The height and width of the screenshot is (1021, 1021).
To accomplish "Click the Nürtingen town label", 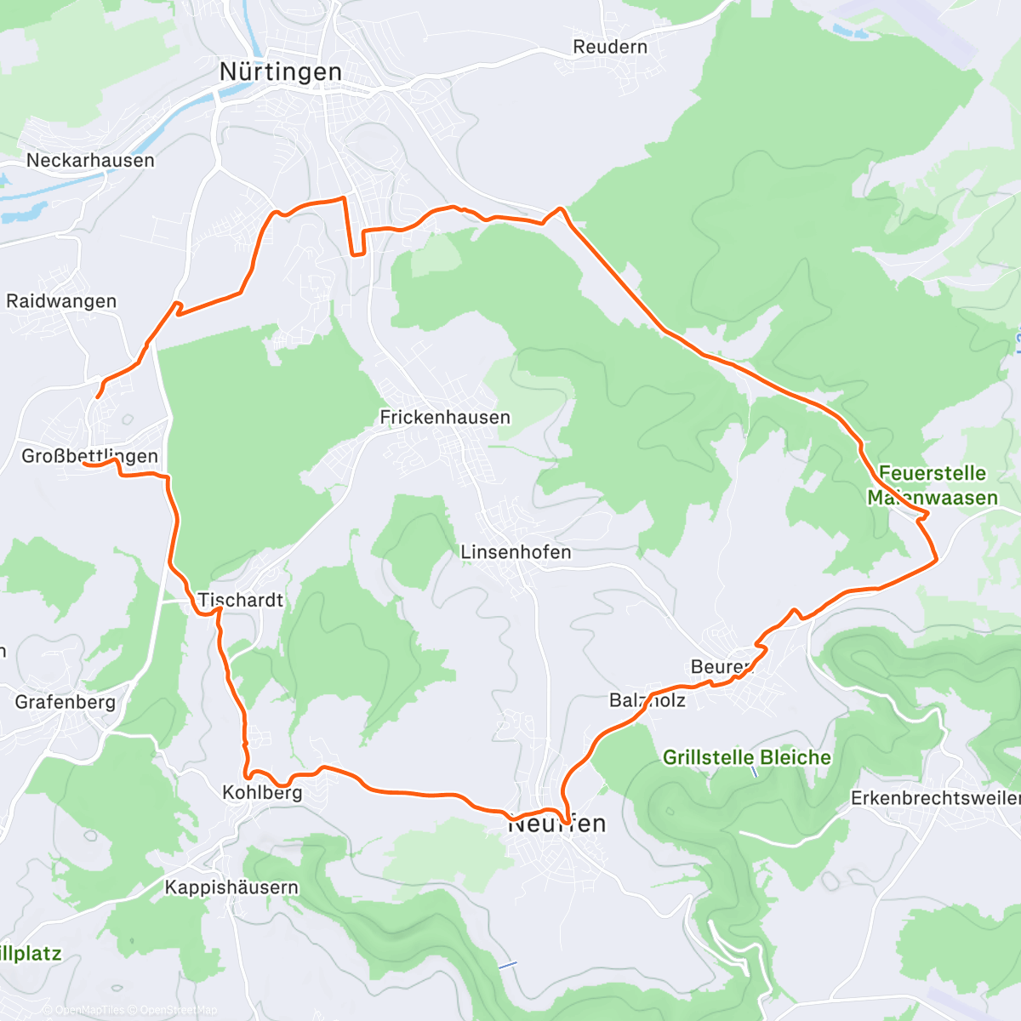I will (281, 72).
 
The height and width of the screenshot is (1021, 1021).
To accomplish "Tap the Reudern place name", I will (610, 47).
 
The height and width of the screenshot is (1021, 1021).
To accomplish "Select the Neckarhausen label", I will (90, 160).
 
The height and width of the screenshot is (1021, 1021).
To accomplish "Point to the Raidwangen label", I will (61, 301).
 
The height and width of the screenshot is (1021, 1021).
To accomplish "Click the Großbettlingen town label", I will (89, 456).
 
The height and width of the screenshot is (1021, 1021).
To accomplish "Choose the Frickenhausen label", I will (445, 417).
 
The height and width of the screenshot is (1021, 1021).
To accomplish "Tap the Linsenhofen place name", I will (516, 552).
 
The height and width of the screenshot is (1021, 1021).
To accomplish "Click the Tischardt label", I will (241, 600).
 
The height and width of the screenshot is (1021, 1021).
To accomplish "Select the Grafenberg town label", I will (65, 702).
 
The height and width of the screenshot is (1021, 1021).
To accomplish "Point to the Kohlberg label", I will (262, 792).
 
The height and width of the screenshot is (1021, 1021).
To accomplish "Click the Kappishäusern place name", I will (231, 887).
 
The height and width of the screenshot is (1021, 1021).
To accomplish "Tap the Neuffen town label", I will (557, 824).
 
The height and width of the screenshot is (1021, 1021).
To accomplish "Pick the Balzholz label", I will (647, 700).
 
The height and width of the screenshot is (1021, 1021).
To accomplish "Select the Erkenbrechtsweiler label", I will (934, 798).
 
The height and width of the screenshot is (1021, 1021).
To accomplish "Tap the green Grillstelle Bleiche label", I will (747, 757).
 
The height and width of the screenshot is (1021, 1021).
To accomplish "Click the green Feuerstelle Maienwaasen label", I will (933, 485).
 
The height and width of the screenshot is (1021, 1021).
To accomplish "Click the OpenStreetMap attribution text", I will (179, 1010).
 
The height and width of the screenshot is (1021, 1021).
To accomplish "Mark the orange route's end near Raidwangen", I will (98, 396).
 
